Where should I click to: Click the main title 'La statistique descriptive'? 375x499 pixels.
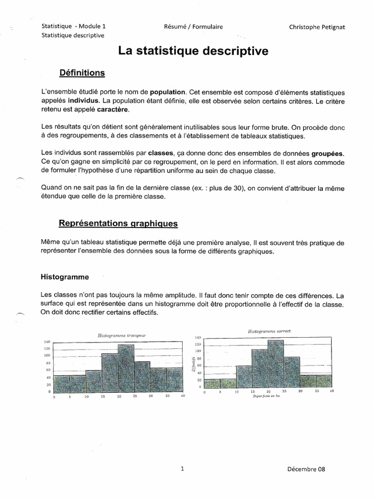pyautogui.click(x=193, y=51)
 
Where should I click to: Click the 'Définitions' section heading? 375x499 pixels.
pyautogui.click(x=82, y=73)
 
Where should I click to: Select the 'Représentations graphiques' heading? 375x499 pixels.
pyautogui.click(x=118, y=224)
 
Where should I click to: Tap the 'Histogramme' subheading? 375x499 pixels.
pyautogui.click(x=64, y=277)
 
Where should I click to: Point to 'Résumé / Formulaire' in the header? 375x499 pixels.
pyautogui.click(x=193, y=27)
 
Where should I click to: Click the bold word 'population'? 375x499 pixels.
pyautogui.click(x=167, y=92)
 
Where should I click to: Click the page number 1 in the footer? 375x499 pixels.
pyautogui.click(x=182, y=469)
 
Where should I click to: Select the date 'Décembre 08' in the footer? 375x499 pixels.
pyautogui.click(x=306, y=469)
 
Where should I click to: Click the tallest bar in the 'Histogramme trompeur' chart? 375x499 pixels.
pyautogui.click(x=126, y=369)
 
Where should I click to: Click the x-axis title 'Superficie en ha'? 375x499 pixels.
pyautogui.click(x=267, y=396)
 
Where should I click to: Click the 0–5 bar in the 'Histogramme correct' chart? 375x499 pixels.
pyautogui.click(x=212, y=384)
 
